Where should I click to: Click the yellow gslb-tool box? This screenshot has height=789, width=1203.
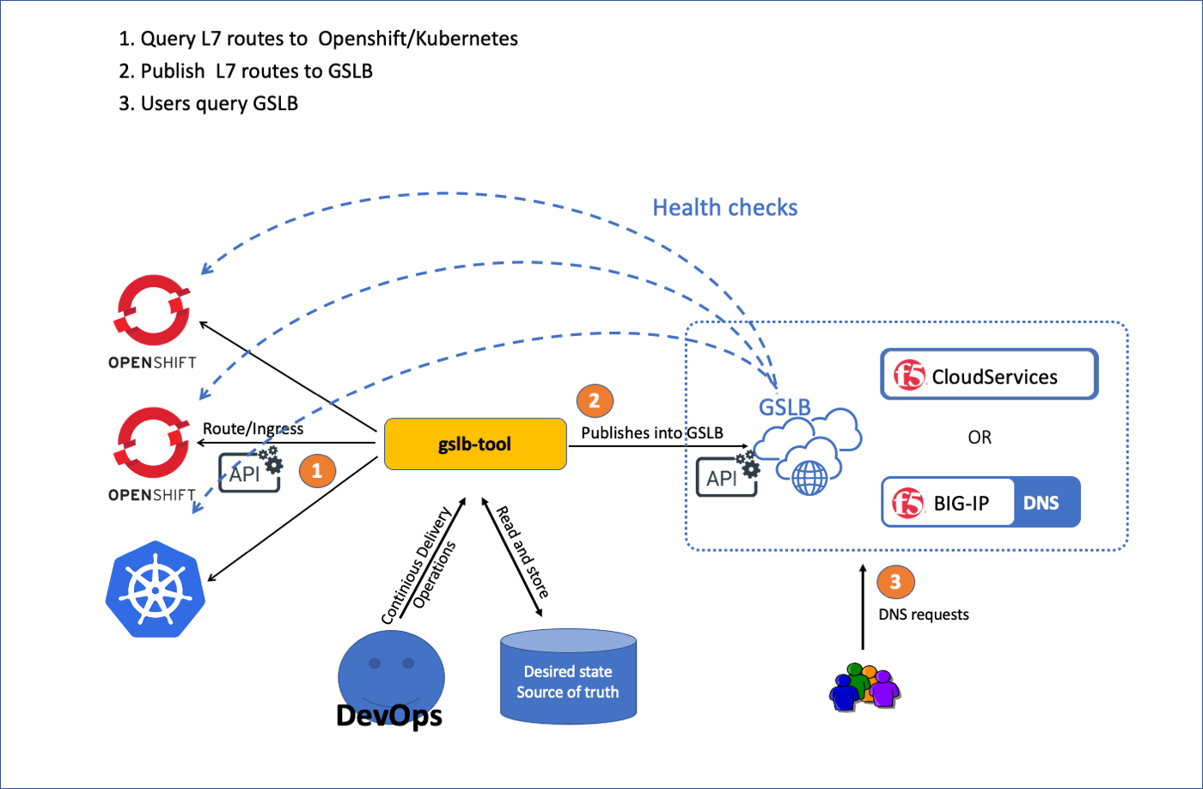click(x=474, y=444)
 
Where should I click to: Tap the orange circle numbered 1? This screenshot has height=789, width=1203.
click(x=315, y=470)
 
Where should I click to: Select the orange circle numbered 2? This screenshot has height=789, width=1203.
click(x=594, y=400)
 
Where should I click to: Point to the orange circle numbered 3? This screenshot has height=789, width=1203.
click(x=895, y=582)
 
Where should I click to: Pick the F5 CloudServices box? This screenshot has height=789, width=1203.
click(x=989, y=375)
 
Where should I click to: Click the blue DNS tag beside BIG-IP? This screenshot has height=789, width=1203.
click(x=1041, y=502)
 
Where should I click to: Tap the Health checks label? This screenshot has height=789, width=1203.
click(x=724, y=207)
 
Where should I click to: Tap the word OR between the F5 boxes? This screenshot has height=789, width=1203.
click(x=980, y=437)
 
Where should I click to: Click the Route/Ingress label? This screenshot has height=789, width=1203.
click(x=253, y=428)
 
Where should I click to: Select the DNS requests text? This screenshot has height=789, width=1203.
click(x=923, y=615)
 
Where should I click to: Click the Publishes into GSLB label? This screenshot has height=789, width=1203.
click(x=652, y=432)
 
